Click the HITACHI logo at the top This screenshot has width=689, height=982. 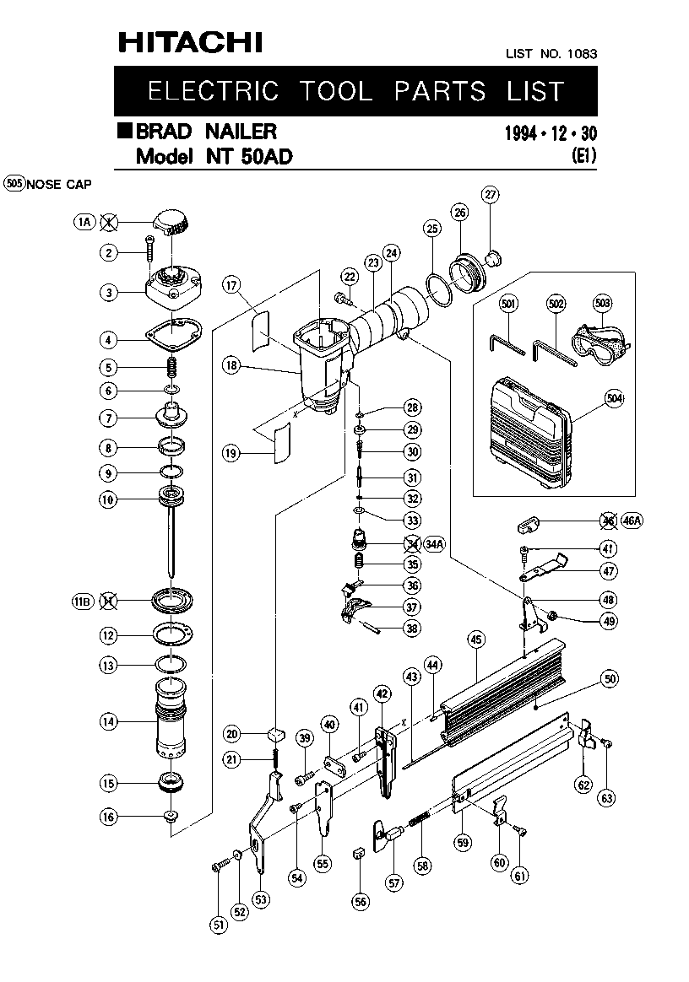pyautogui.click(x=191, y=42)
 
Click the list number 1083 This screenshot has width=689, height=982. pyautogui.click(x=582, y=54)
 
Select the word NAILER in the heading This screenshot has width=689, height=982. pyautogui.click(x=241, y=132)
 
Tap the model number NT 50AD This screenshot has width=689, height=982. pyautogui.click(x=249, y=156)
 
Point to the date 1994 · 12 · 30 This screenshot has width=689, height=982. pyautogui.click(x=551, y=133)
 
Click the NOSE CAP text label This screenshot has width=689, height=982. pyautogui.click(x=59, y=185)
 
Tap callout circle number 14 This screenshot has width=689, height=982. pyautogui.click(x=108, y=721)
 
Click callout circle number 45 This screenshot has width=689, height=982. pyautogui.click(x=476, y=639)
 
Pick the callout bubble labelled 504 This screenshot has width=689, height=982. pyautogui.click(x=615, y=398)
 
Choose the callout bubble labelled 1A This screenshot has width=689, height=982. pyautogui.click(x=84, y=222)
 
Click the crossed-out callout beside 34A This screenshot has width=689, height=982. pyautogui.click(x=412, y=543)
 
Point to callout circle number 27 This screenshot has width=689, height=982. pyautogui.click(x=491, y=194)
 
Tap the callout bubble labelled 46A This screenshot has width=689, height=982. pyautogui.click(x=632, y=521)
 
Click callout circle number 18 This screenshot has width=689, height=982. pyautogui.click(x=232, y=365)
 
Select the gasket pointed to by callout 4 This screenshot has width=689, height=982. pyautogui.click(x=174, y=332)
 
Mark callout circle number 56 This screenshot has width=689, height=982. pyautogui.click(x=361, y=902)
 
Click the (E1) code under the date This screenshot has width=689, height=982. pyautogui.click(x=583, y=155)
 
